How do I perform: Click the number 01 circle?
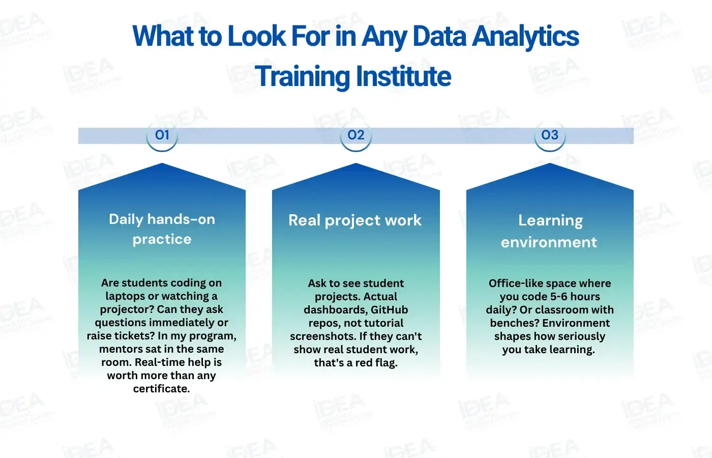pyautogui.click(x=162, y=135)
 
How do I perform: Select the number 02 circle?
pyautogui.click(x=356, y=135)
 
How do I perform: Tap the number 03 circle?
pyautogui.click(x=550, y=135)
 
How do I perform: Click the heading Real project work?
pyautogui.click(x=355, y=220)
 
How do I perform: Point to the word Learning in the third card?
pyautogui.click(x=550, y=220)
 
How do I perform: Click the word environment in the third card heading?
pyautogui.click(x=549, y=242)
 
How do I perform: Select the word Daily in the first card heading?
pyautogui.click(x=126, y=219)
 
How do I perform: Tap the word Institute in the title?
pyautogui.click(x=403, y=76)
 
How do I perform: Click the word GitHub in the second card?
pyautogui.click(x=389, y=309)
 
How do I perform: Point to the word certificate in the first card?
pyautogui.click(x=161, y=389)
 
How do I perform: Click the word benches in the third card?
pyautogui.click(x=513, y=323)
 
